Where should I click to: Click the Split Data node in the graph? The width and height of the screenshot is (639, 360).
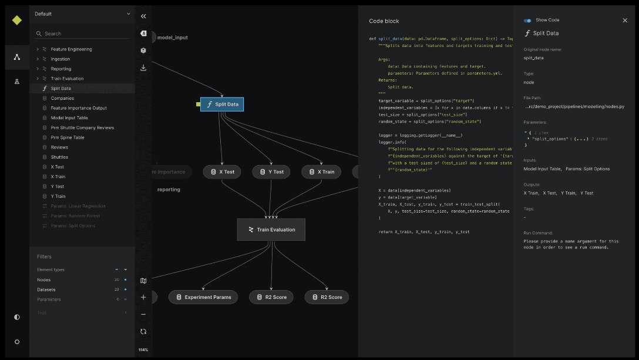[x=221, y=105]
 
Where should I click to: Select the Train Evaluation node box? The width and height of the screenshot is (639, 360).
[x=271, y=230]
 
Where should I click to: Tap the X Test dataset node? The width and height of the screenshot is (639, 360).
[x=222, y=172]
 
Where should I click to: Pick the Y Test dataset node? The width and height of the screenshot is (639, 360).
[x=271, y=172]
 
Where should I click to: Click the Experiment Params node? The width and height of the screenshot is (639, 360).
[x=203, y=297]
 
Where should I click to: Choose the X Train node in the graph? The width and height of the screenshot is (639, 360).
[x=321, y=172]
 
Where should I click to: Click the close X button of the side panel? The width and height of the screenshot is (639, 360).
[x=625, y=21]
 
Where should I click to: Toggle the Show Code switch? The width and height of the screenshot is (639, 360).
[x=527, y=21]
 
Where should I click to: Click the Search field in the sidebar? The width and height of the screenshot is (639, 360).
[x=82, y=33]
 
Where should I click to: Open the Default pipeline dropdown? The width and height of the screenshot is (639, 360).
[x=82, y=14]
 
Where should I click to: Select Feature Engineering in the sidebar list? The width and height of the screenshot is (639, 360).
[x=71, y=49]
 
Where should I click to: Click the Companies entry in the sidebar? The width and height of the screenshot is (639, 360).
[x=62, y=98]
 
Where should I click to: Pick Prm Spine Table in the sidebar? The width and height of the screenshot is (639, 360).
[x=68, y=137]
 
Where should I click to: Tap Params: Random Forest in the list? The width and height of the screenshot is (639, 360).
[x=75, y=216]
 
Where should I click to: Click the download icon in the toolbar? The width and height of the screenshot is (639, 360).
[x=143, y=68]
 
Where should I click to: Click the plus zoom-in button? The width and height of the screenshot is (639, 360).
[x=143, y=297]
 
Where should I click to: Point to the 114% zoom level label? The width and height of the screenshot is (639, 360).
[x=143, y=350]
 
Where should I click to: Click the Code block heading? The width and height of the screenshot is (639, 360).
[x=384, y=21]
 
